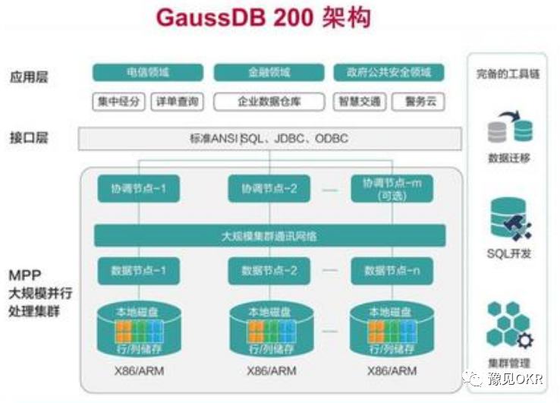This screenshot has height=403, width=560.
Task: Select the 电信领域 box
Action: pos(148,73)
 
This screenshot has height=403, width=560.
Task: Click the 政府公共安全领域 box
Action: pos(389,73)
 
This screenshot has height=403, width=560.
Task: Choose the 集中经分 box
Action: pos(118,102)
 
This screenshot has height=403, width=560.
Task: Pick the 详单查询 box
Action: pos(177,102)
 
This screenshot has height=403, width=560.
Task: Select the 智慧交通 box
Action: pos(359,102)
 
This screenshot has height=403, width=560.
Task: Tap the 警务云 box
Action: pos(418,102)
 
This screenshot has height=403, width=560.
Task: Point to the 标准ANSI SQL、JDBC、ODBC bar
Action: pos(269,139)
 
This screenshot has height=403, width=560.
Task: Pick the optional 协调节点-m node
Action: pos(392,188)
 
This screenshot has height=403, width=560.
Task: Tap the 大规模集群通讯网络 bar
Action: pos(269,235)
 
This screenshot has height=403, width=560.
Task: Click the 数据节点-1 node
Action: pos(138,271)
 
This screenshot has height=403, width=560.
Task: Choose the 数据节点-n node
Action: pos(392,271)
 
